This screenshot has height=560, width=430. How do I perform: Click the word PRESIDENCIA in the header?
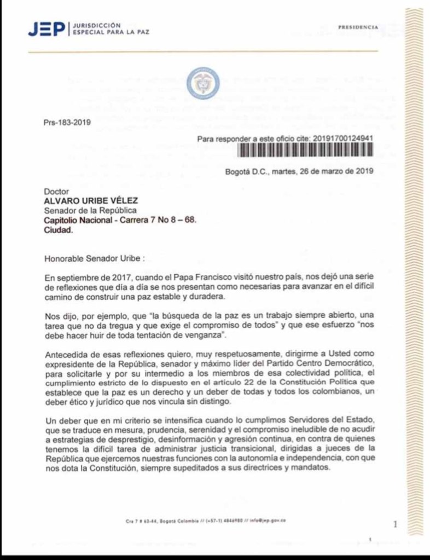pos(358,27)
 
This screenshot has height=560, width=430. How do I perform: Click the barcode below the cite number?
pos(306,151)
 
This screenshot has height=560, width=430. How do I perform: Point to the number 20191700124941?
pos(342,139)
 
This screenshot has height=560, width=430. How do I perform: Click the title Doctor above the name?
pos(55,192)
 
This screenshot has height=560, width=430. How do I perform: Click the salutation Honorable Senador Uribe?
pos(95,257)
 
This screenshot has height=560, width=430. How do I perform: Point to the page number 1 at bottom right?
pos(395,524)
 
